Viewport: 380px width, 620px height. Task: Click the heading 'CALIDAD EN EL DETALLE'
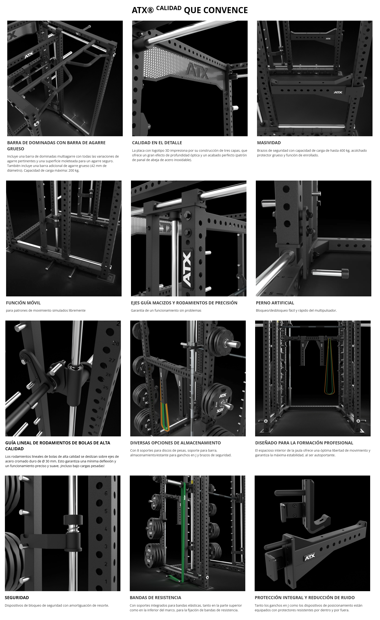point(157,143)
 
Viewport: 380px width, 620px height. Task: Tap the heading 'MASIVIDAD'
point(269,143)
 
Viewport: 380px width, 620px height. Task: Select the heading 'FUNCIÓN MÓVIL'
point(23,303)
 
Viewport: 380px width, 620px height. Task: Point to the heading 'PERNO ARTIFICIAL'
point(275,303)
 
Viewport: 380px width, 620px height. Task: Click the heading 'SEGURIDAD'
point(17,597)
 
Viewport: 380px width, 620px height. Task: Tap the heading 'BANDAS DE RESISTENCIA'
point(155,597)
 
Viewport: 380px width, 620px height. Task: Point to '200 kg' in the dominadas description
point(74,170)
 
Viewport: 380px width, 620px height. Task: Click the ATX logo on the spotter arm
point(310,558)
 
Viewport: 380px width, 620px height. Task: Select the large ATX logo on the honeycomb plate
point(197,72)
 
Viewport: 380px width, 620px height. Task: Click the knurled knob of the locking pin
point(345,272)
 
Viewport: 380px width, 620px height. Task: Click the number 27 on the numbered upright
point(112,360)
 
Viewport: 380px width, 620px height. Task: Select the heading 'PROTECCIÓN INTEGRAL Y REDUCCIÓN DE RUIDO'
point(305,597)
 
